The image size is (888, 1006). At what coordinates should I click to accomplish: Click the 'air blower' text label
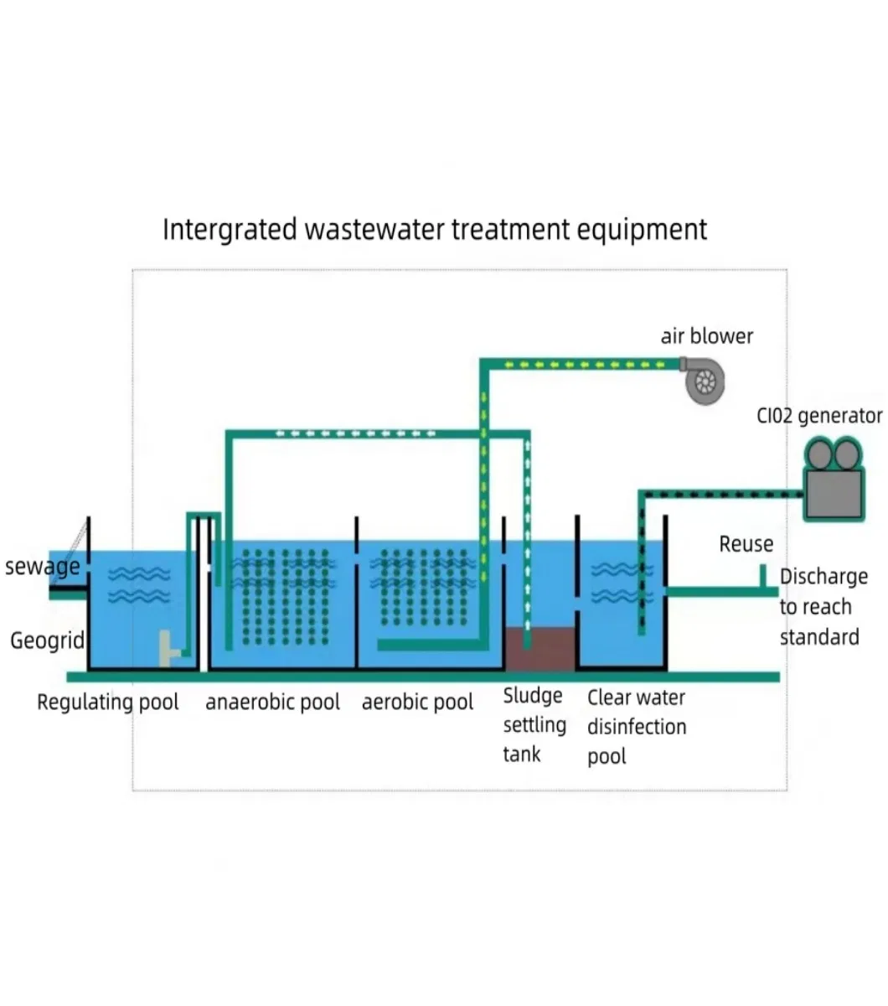(706, 336)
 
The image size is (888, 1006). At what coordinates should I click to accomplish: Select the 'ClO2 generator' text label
(818, 416)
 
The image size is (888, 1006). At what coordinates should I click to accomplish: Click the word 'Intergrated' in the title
(230, 229)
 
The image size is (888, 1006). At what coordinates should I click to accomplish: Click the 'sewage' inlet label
(42, 567)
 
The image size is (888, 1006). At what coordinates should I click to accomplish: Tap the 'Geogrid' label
(47, 640)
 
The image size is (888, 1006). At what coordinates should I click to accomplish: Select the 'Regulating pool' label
(107, 702)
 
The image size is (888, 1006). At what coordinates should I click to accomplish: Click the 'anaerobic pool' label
(272, 702)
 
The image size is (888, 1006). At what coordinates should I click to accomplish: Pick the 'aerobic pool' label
(417, 702)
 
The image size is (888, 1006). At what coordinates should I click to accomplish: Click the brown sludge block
(540, 649)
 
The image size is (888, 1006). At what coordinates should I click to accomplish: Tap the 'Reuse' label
(746, 544)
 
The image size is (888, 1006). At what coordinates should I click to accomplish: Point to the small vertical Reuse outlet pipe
(762, 576)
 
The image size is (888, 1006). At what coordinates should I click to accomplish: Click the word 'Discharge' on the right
(823, 577)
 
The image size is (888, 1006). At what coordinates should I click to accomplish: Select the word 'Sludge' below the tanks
(532, 696)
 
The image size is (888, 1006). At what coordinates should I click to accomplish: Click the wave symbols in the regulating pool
(139, 584)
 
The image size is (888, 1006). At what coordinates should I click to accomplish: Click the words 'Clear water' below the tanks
(636, 697)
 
